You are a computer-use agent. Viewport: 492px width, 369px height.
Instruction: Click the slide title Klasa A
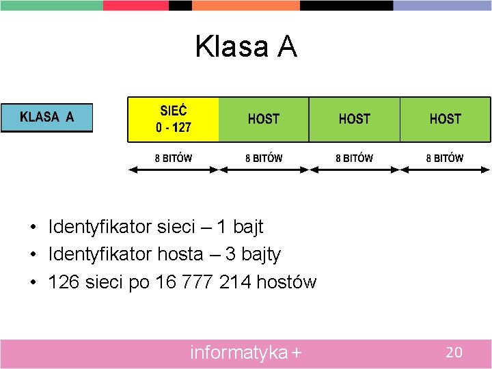246,46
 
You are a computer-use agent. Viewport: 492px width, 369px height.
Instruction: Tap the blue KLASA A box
46,117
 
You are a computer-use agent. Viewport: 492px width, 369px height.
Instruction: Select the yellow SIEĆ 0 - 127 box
174,119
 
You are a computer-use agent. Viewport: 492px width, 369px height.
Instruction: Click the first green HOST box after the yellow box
264,119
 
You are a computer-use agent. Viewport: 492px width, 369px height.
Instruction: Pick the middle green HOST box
354,119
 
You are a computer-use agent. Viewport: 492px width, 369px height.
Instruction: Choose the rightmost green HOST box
445,119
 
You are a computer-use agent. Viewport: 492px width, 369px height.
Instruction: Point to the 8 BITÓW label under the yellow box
174,158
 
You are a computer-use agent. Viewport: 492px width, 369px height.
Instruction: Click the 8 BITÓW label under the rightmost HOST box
445,158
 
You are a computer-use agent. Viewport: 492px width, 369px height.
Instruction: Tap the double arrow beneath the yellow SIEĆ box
174,169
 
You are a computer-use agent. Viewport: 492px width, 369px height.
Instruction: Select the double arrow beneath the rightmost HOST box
445,169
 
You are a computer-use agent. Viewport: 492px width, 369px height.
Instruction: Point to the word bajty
258,255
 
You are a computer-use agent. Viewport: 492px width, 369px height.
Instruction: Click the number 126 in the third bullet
64,282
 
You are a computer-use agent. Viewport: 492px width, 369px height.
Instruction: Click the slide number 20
454,353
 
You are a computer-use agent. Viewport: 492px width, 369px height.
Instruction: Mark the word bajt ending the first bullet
245,226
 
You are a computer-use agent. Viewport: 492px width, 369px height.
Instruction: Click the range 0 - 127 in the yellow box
174,127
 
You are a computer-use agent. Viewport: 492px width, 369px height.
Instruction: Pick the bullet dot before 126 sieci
33,282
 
